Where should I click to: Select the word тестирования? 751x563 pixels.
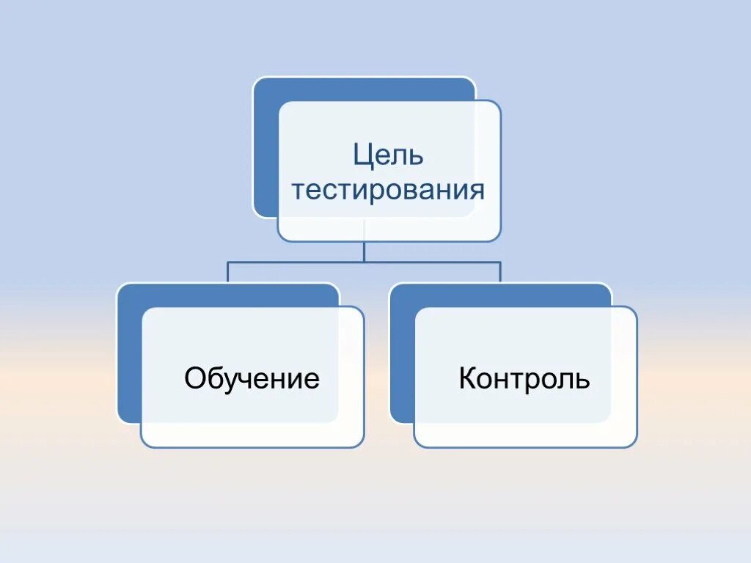[x=389, y=191]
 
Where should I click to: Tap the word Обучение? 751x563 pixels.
[x=252, y=379]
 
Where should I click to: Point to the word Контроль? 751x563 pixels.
[x=524, y=379]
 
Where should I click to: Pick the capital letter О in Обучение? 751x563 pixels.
[x=194, y=379]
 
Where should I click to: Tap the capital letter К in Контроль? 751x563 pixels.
[x=467, y=379]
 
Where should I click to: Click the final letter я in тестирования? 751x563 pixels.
[x=477, y=191]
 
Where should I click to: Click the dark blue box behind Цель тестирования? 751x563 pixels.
[x=265, y=147]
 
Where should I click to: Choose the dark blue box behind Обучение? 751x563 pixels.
[x=128, y=352]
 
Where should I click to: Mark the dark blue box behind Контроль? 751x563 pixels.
[x=402, y=352]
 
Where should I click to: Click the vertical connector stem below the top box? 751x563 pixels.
[x=364, y=251]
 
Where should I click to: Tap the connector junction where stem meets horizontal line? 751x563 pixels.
[x=364, y=262]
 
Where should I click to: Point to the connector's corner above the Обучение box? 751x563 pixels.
[x=227, y=262]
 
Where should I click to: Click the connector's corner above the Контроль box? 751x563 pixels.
[x=501, y=262]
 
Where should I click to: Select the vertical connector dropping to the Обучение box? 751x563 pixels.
[x=227, y=273]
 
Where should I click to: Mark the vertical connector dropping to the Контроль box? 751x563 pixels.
[x=501, y=273]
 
